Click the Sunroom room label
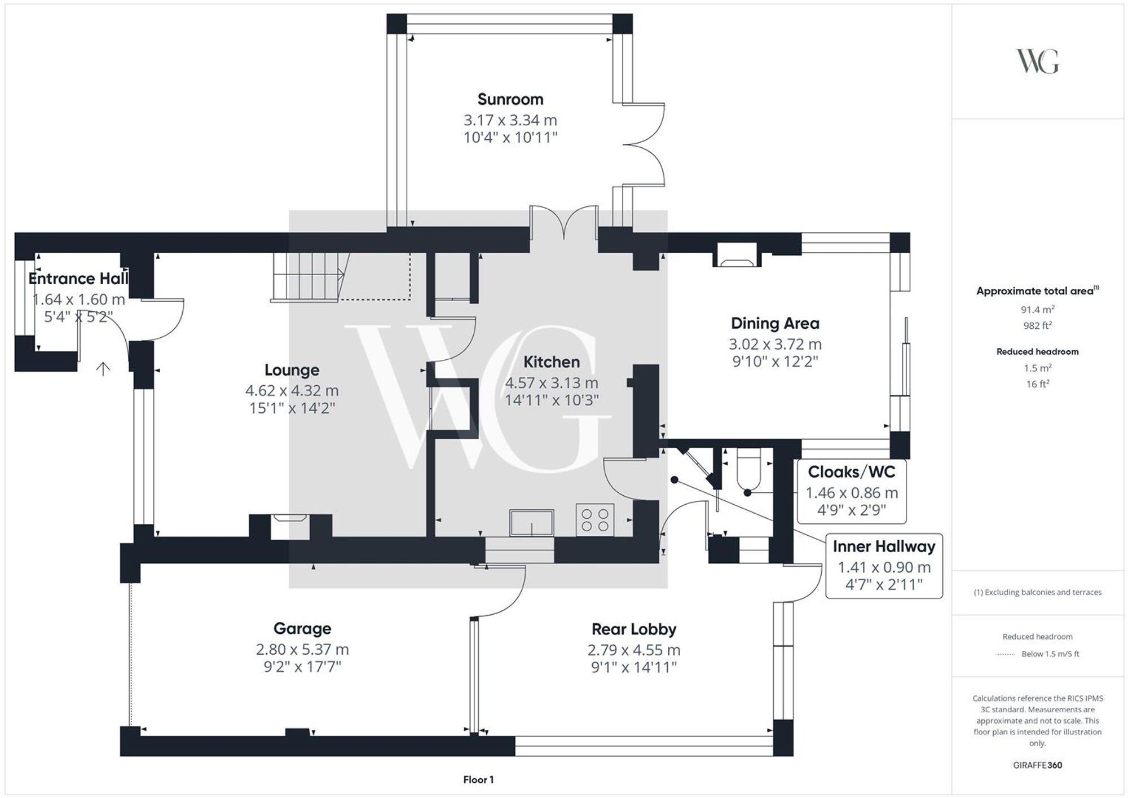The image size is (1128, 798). click(x=510, y=99)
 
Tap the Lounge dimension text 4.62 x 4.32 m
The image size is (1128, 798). click(x=292, y=390)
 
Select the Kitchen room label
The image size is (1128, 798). click(x=551, y=361)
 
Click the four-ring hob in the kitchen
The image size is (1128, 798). click(x=594, y=520)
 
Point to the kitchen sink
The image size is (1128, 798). click(x=531, y=522)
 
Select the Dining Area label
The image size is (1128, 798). click(x=774, y=323)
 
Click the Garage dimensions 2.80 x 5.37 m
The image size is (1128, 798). click(x=302, y=649)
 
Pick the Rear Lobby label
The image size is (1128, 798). click(x=633, y=629)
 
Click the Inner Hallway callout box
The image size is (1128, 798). click(x=883, y=565)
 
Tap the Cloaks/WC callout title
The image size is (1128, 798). click(x=851, y=471)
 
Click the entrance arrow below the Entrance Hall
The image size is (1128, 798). click(x=103, y=369)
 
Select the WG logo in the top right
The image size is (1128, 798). click(x=1037, y=61)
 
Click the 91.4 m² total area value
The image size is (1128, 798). click(x=1037, y=309)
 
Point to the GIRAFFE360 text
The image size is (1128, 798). click(x=1037, y=765)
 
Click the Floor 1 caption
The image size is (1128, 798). click(x=478, y=779)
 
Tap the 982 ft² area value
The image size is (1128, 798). click(x=1037, y=325)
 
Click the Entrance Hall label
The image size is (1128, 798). click(x=78, y=279)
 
